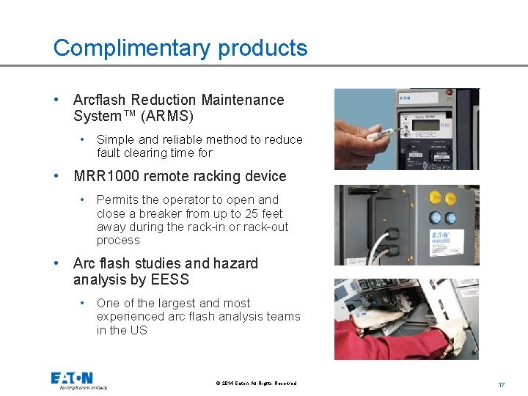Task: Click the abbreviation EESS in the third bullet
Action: click(172, 279)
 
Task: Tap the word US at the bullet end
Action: click(139, 330)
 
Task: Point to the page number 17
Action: click(502, 384)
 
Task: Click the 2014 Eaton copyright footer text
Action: click(257, 384)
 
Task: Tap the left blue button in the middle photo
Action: click(436, 218)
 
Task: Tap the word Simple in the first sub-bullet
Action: click(114, 139)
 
